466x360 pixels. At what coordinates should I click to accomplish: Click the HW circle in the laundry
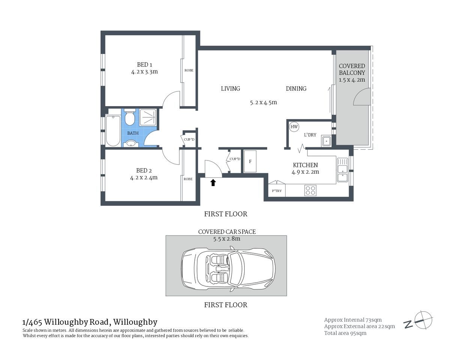(294, 127)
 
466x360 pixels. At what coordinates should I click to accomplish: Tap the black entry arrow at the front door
(213, 183)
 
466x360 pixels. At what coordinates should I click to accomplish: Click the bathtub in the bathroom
(113, 131)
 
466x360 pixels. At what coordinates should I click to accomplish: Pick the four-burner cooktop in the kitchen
(310, 190)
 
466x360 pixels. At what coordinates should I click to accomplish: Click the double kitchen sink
(342, 170)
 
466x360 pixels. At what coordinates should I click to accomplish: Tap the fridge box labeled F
(250, 162)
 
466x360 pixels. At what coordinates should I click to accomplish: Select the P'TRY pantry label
(277, 191)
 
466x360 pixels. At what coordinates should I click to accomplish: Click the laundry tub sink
(326, 141)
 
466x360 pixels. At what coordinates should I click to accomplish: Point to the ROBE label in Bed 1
(189, 70)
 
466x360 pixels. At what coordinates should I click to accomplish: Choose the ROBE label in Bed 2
(188, 179)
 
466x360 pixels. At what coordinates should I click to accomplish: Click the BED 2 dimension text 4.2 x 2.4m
(144, 178)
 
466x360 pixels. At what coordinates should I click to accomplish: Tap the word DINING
(296, 88)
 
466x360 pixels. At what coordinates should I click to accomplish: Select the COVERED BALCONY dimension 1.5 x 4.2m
(352, 80)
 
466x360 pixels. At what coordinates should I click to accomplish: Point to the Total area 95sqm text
(345, 333)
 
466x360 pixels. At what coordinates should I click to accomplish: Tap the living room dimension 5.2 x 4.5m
(263, 102)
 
